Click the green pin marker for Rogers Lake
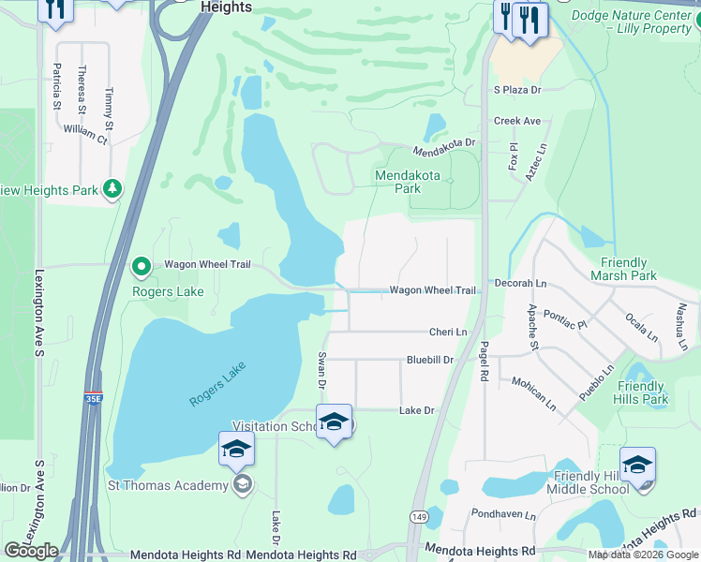142,268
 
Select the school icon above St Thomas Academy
236,450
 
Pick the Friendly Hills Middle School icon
637,465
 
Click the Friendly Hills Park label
642,392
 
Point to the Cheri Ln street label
448,333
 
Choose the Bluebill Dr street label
430,360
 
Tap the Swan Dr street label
321,370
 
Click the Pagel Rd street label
485,361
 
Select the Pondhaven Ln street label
504,515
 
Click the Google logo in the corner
31,550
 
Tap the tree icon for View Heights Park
112,190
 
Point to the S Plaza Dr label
518,90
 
